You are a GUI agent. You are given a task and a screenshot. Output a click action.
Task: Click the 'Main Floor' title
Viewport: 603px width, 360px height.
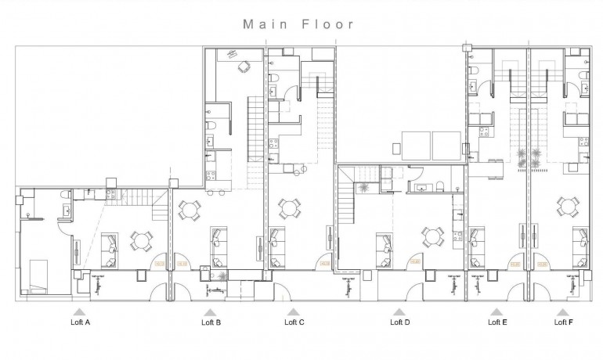tap(298, 23)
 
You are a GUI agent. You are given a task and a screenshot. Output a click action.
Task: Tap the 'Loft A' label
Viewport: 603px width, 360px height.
tap(81, 322)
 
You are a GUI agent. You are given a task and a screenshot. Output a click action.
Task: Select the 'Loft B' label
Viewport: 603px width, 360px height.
tap(211, 322)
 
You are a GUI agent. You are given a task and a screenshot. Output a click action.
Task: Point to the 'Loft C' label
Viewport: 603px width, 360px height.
tap(294, 322)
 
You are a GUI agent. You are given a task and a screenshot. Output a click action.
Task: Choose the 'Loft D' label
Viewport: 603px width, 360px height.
tap(400, 322)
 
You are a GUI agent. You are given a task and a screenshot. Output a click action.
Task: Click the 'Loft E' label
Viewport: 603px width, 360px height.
tap(496, 322)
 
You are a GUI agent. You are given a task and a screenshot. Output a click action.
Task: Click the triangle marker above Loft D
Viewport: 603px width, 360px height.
tap(400, 311)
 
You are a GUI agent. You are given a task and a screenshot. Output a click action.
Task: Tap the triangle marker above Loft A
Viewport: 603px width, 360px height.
tap(81, 311)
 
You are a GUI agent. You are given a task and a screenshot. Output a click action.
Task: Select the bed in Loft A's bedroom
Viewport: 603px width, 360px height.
tap(39, 274)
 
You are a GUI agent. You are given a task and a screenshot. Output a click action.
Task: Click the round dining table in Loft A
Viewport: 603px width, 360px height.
tap(142, 239)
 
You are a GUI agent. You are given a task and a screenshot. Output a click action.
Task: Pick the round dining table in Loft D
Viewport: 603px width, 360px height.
tap(430, 236)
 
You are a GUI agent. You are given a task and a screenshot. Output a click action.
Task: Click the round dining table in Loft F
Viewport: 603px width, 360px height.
tap(567, 208)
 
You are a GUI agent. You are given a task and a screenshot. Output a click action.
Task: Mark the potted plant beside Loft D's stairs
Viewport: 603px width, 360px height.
tap(363, 187)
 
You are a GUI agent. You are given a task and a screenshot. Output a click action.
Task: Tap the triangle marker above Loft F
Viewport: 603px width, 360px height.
tap(561, 311)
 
